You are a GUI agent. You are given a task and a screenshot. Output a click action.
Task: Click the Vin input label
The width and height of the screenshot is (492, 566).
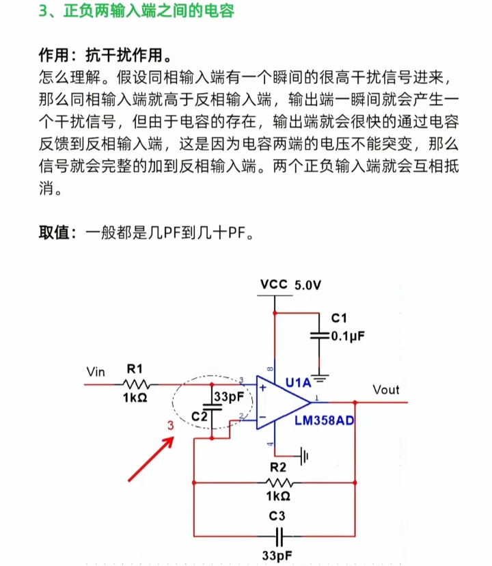[96, 372]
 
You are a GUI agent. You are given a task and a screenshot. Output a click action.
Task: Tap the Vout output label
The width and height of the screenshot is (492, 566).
[386, 390]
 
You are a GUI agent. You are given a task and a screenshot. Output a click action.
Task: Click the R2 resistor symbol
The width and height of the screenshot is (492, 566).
[277, 483]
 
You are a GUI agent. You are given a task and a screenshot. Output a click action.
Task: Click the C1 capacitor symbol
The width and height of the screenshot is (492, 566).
[319, 336]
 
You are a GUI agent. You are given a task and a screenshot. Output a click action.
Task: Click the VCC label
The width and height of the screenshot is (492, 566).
[274, 284]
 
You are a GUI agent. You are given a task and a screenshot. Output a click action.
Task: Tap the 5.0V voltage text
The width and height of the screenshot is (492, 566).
[307, 284]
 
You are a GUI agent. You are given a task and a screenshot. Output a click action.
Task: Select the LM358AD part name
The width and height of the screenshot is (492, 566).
[325, 420]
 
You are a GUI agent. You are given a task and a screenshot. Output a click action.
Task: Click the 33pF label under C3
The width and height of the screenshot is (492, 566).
[277, 554]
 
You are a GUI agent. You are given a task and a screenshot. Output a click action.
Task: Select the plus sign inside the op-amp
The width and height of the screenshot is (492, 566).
[263, 388]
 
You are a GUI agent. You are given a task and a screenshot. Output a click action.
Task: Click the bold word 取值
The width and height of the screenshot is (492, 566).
[55, 233]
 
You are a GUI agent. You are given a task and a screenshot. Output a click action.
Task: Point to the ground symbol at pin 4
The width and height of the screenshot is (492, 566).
[305, 455]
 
